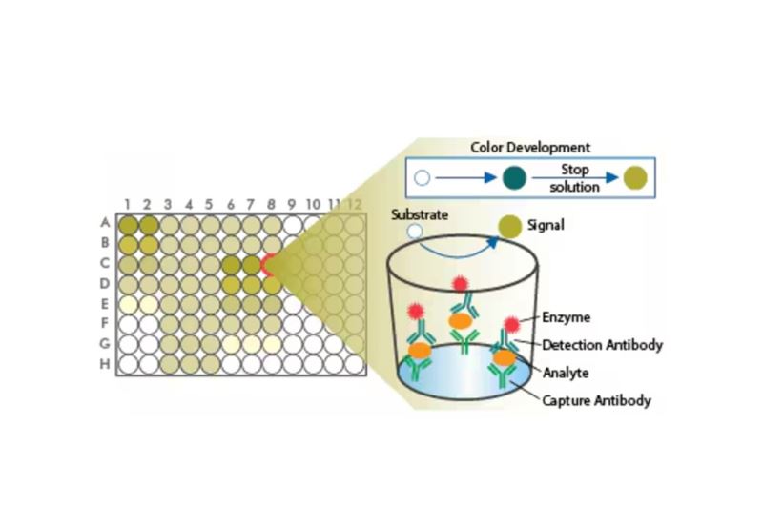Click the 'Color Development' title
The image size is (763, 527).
(530, 148)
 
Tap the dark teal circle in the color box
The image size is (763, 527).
(514, 177)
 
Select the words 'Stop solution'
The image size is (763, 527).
(575, 178)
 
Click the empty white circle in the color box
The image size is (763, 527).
(422, 178)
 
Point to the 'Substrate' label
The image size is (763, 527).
(420, 214)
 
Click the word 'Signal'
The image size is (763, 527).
(546, 225)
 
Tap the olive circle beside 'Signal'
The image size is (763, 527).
(510, 227)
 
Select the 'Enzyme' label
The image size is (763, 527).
(566, 317)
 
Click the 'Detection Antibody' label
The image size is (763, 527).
(603, 345)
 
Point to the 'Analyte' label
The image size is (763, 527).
(566, 373)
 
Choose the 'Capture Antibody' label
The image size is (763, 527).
(597, 400)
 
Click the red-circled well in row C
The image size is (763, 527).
(271, 265)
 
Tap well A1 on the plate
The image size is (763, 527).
(129, 225)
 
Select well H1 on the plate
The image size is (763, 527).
(129, 364)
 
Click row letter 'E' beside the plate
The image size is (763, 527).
(105, 304)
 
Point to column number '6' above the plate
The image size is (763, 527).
(231, 204)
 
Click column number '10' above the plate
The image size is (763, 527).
(313, 204)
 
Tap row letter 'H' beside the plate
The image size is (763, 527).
(105, 364)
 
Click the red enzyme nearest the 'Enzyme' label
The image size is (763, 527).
(511, 324)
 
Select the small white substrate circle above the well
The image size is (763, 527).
(415, 231)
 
